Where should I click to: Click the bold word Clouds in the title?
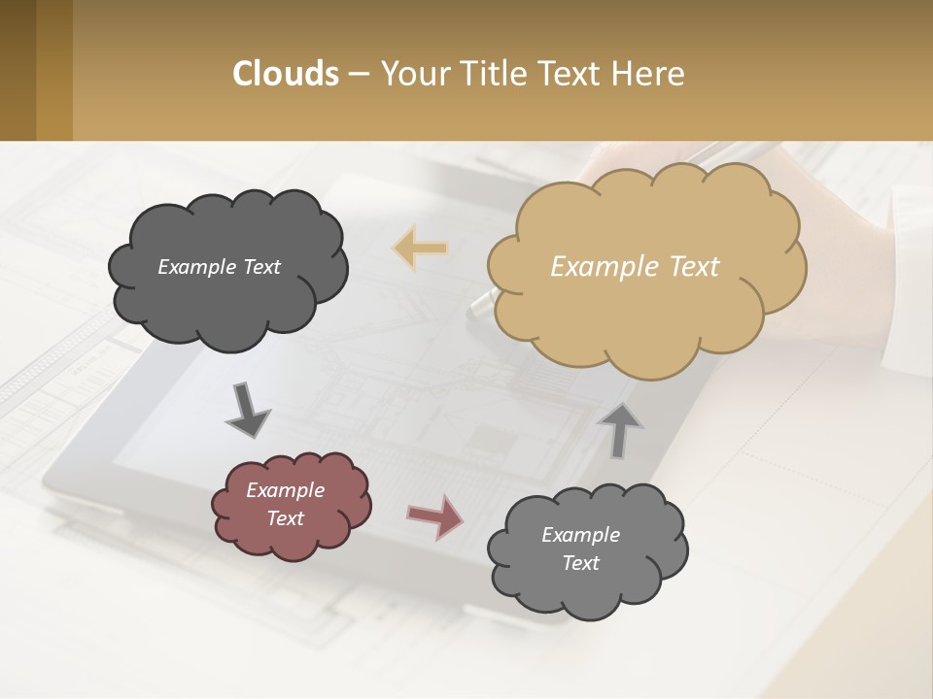tap(286, 74)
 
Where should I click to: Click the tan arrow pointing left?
tap(420, 249)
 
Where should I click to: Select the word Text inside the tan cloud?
tap(694, 267)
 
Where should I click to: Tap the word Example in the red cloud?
tap(285, 490)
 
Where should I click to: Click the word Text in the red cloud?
tap(285, 518)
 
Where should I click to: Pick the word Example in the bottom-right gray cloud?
tap(580, 535)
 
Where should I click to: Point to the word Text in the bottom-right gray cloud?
tap(580, 563)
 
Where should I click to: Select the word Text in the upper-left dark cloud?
tap(260, 267)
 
